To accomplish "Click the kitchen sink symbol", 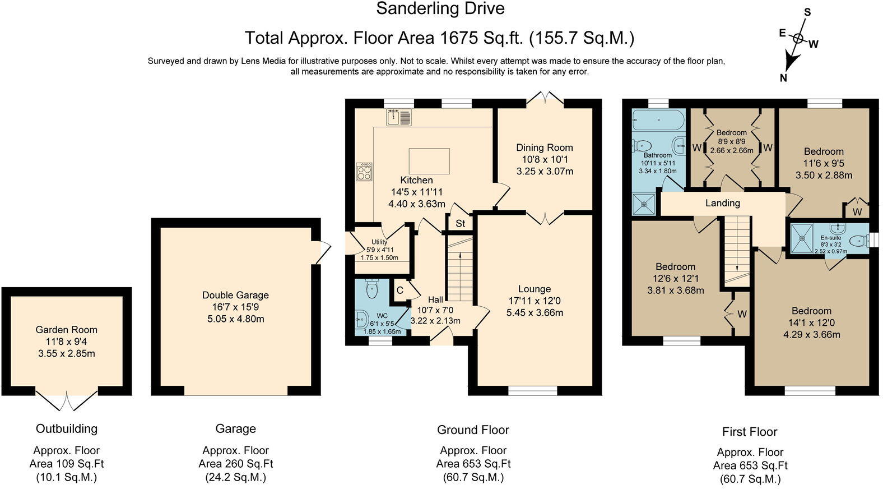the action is point(398,117).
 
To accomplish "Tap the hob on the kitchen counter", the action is point(364,172).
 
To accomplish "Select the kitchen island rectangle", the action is point(429,161).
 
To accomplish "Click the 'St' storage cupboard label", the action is point(460,223).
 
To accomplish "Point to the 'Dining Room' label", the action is point(545,147).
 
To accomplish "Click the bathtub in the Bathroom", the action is point(658,120).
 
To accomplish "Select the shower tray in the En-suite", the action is point(802,238).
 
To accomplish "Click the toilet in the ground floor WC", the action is point(371,288).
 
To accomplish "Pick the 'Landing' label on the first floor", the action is point(723,203).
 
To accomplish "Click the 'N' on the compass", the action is point(783,78).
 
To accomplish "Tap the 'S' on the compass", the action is point(807,13).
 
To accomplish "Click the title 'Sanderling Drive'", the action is point(440,8).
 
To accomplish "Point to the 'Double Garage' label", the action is point(235,295).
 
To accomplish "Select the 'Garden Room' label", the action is point(66,330).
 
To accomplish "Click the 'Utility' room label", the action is point(379,242).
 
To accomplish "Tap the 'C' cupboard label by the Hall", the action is point(399,290).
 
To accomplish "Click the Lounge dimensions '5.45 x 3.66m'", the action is point(535,312).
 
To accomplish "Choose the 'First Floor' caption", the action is point(750,432).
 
